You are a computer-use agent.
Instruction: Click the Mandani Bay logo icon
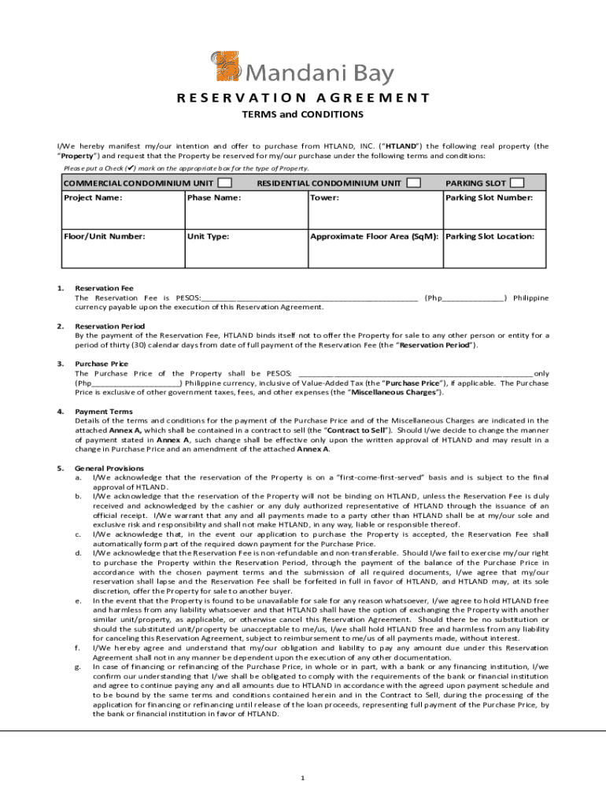point(226,67)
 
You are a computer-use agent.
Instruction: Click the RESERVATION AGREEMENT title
point(303,98)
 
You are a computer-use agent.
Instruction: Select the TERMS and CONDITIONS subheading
point(302,115)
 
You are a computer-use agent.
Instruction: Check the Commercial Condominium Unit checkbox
point(224,183)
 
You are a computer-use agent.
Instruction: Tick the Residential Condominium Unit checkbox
point(413,183)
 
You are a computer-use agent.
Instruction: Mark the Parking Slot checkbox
point(517,183)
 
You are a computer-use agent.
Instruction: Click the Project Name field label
point(93,198)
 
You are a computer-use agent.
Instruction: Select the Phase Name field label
point(213,198)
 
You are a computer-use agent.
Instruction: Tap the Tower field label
point(324,198)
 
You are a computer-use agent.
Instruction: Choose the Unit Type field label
point(209,236)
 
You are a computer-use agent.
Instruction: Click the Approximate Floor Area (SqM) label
point(375,236)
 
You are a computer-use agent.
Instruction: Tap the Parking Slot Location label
point(490,236)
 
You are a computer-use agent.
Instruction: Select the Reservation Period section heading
point(109,326)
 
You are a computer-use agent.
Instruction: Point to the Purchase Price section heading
point(102,364)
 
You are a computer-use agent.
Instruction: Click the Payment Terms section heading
point(104,412)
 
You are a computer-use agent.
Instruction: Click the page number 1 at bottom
point(302,778)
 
